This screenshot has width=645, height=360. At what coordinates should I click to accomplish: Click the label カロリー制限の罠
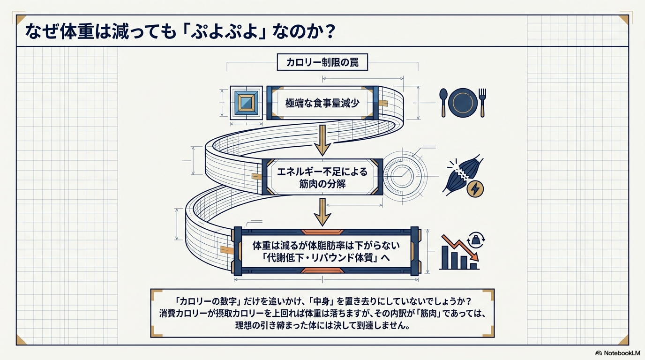coord(322,62)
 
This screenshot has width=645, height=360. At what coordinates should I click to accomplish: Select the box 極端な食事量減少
coord(322,103)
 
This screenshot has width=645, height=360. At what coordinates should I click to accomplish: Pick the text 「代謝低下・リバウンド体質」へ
coord(322,258)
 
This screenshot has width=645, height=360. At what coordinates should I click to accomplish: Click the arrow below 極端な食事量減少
coord(322,140)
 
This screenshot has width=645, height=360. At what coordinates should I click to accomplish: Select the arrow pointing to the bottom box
coord(322,212)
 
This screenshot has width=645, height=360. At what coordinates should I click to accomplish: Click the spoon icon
coord(443,102)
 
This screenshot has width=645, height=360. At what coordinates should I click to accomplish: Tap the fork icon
coord(482,102)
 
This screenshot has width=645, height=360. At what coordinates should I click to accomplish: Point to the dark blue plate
coord(462,102)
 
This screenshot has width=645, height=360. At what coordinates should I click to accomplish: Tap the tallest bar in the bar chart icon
coord(445,257)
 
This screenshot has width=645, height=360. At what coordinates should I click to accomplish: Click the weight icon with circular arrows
coord(477,240)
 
